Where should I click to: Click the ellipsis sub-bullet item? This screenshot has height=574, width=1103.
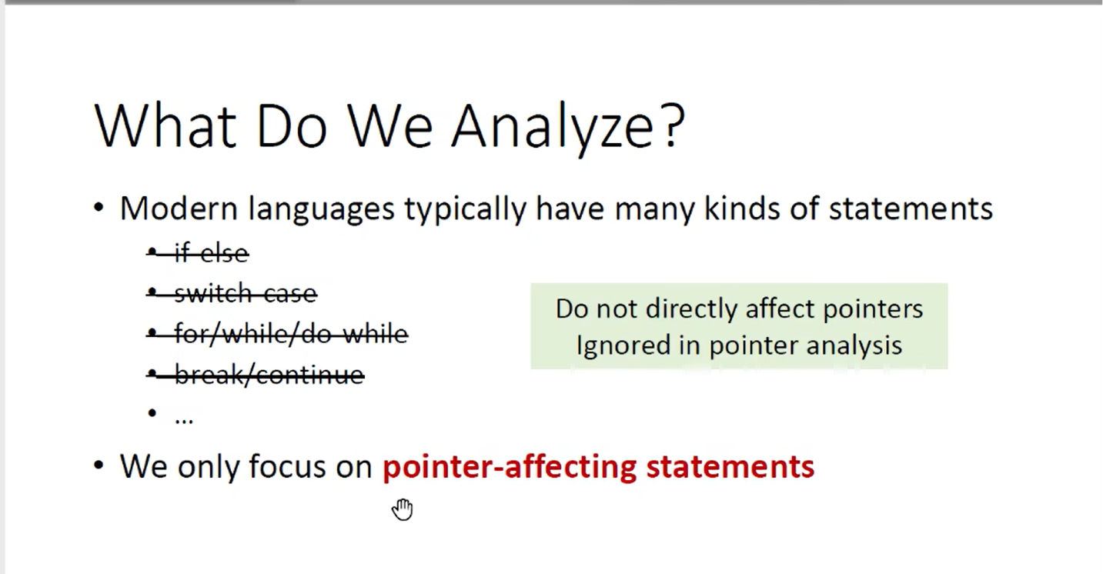click(184, 419)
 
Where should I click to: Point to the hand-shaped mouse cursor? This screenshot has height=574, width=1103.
click(403, 509)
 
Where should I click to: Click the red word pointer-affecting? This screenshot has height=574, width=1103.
click(510, 467)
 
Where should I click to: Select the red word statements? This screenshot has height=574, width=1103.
click(730, 467)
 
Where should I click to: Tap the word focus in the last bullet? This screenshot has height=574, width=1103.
click(287, 466)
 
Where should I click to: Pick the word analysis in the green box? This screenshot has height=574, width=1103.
click(854, 345)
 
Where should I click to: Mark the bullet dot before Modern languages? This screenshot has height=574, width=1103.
click(99, 207)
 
